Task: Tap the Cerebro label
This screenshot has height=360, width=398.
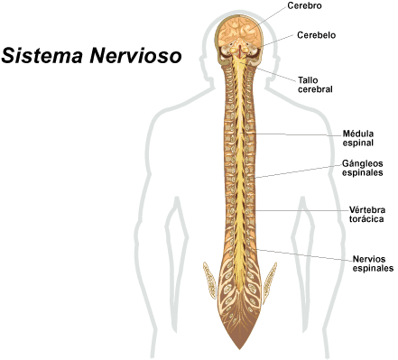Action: tap(305, 6)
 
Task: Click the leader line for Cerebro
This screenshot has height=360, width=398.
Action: tap(273, 14)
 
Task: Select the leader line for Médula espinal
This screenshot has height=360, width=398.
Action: tap(298, 134)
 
